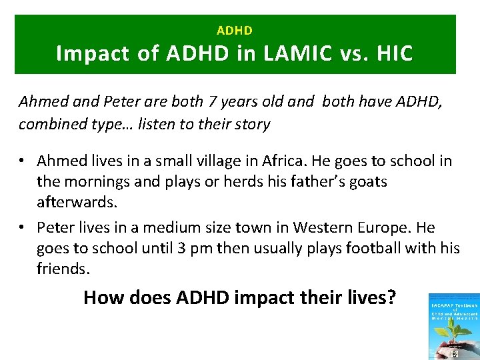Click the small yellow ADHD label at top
(x=235, y=31)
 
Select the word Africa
(x=293, y=161)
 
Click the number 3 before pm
(x=181, y=248)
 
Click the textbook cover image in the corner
(x=454, y=326)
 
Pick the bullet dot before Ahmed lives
(x=23, y=161)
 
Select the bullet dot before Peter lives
(x=23, y=228)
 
